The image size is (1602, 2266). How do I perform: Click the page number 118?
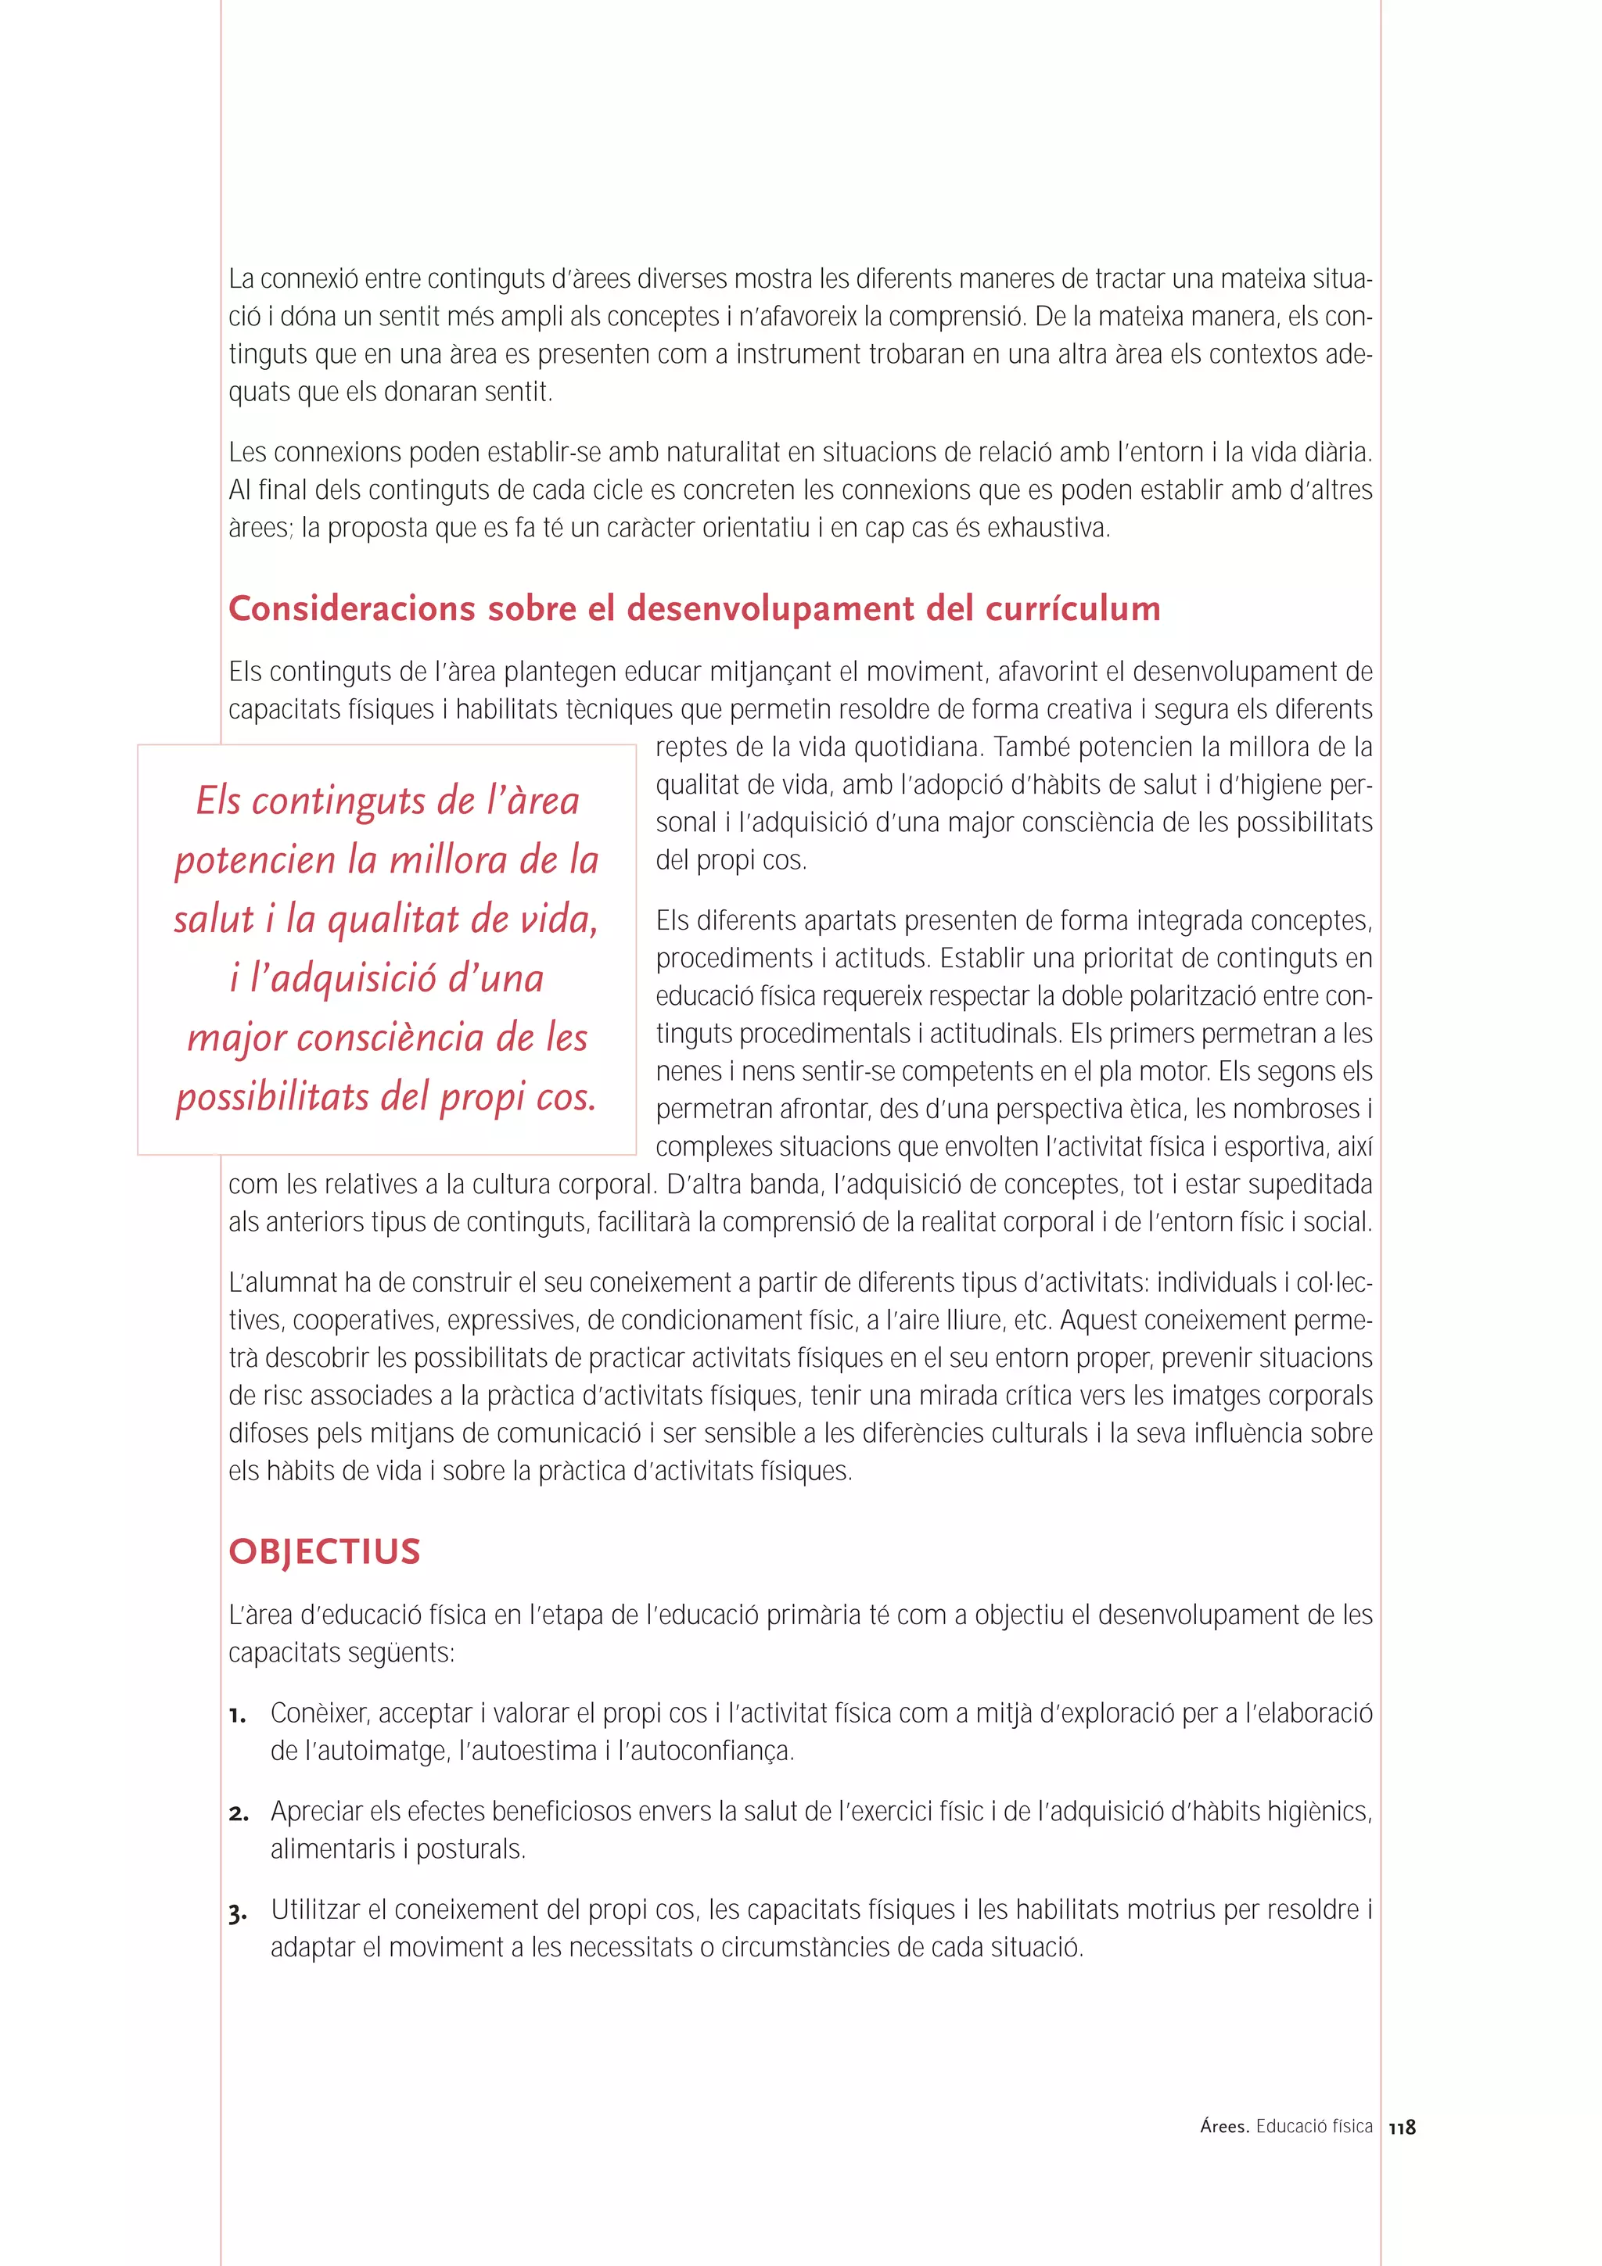tap(1402, 2127)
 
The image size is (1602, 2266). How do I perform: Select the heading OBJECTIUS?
tap(325, 1551)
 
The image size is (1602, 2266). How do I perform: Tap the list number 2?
tap(238, 1813)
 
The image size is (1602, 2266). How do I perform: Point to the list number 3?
tap(237, 1912)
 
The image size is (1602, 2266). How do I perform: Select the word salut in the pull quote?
tap(214, 919)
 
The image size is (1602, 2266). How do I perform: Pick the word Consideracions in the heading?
tap(352, 608)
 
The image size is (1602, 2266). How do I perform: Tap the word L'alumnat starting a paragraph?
tap(283, 1282)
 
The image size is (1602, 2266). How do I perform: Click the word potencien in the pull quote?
tap(256, 859)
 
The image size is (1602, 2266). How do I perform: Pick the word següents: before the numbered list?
tap(398, 1652)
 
